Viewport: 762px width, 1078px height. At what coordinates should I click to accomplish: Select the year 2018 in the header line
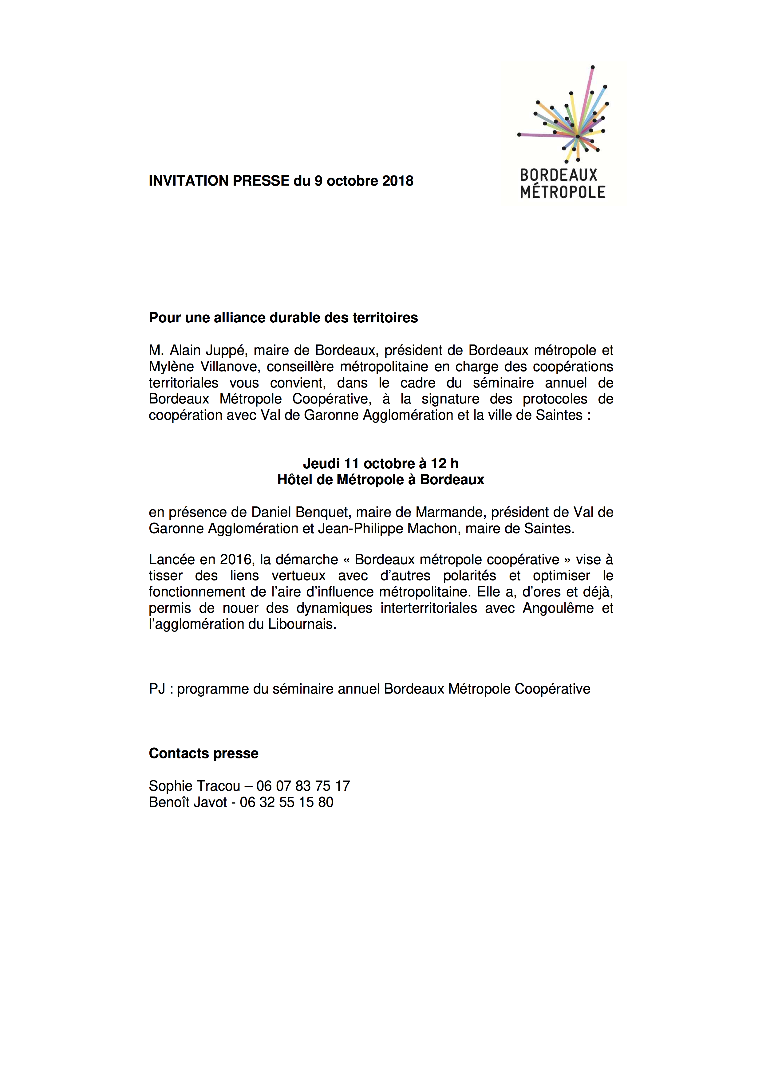398,181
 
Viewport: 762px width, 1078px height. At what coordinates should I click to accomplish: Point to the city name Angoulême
558,608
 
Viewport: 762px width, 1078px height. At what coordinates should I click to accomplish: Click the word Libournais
302,624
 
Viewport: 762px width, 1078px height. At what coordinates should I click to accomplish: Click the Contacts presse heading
203,753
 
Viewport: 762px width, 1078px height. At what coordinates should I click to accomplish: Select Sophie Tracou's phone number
303,786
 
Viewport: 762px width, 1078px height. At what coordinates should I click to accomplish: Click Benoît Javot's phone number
286,802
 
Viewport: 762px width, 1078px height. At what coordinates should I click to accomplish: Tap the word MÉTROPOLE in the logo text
563,192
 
